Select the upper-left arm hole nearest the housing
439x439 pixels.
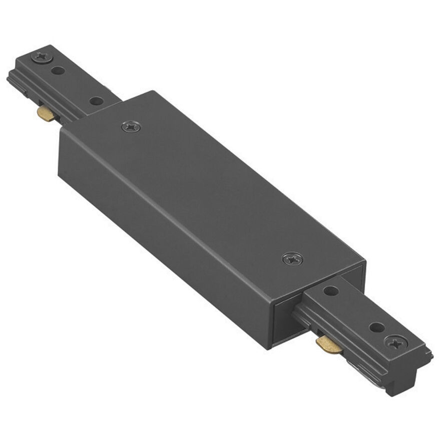click(96, 101)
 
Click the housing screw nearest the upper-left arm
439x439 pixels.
click(131, 127)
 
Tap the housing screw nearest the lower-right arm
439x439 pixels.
click(292, 259)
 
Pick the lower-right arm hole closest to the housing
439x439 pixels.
click(331, 290)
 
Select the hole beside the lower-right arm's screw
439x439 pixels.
click(377, 328)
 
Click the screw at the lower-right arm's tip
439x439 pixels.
click(395, 343)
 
